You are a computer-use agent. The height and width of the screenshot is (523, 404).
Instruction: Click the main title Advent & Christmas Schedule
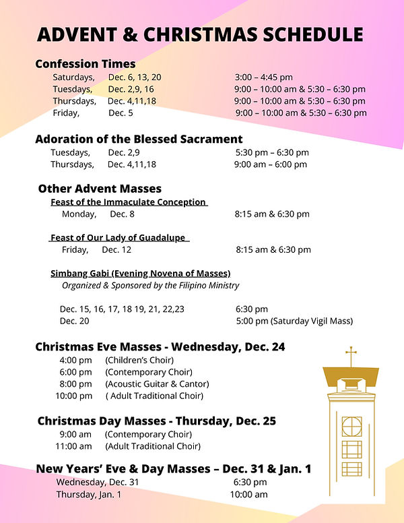(200, 34)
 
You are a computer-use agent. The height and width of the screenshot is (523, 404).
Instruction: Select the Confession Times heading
(85, 64)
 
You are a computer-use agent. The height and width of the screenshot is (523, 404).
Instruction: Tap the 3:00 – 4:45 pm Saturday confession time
(263, 78)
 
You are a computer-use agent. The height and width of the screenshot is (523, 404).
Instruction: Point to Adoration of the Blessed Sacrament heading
(139, 140)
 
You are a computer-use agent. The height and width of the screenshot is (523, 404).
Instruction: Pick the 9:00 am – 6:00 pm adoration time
(270, 164)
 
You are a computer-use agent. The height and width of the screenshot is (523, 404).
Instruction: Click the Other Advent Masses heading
(100, 189)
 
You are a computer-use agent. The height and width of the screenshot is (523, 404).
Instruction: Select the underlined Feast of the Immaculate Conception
(128, 202)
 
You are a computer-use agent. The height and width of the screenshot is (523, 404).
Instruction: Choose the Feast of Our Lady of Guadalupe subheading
(119, 238)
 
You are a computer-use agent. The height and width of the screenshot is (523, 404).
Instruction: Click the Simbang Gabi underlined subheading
(140, 273)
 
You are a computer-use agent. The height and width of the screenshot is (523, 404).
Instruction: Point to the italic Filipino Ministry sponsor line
(150, 285)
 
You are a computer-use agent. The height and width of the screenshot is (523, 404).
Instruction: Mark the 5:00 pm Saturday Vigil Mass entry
(294, 321)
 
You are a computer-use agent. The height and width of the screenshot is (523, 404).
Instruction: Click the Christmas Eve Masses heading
(160, 347)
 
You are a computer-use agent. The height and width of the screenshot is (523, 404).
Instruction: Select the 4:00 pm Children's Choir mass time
(75, 360)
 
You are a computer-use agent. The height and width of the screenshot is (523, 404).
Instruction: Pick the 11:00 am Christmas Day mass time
(75, 446)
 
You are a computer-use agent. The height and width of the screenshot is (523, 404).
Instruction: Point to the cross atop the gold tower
(350, 355)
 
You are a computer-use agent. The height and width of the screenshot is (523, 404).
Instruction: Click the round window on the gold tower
(351, 426)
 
